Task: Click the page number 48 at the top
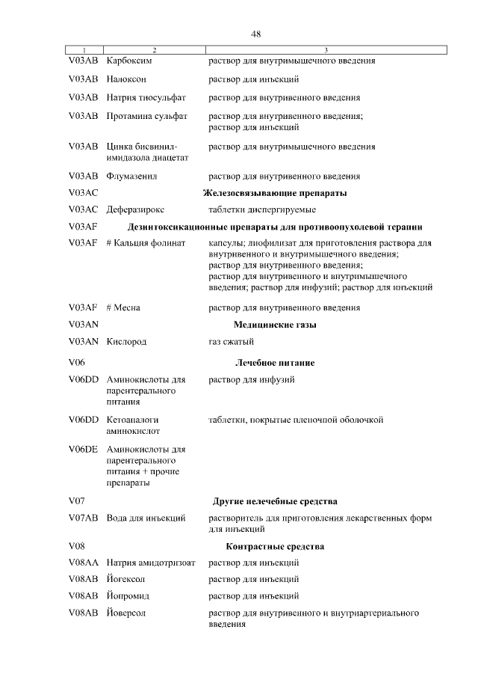coord(255,34)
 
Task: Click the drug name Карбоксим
coord(130,61)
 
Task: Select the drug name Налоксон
coord(127,79)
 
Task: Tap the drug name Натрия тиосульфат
coord(146,97)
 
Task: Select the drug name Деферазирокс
coord(137,209)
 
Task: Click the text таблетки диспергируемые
coord(261,209)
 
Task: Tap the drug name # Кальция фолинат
coord(146,244)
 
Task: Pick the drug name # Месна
coord(124,307)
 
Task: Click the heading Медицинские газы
coord(275,325)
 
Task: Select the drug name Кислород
coord(127,342)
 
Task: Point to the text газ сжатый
coord(231,342)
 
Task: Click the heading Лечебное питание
coord(275,363)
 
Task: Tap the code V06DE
coord(83,449)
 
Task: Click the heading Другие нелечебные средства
coord(275,500)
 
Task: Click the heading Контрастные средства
coord(275,546)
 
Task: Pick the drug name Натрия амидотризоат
coord(152,563)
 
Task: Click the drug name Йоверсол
coord(126,613)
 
